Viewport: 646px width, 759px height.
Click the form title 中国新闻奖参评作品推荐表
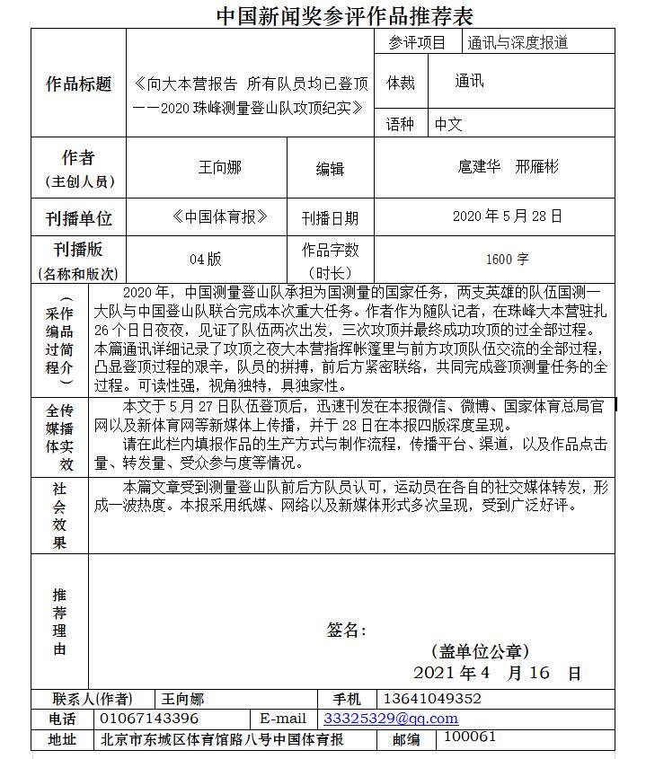tap(344, 15)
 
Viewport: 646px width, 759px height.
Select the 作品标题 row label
tap(78, 84)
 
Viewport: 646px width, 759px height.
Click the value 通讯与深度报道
tap(518, 42)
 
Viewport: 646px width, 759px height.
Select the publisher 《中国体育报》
tap(220, 216)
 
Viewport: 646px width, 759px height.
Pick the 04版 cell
tap(205, 260)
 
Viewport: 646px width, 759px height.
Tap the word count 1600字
tap(507, 260)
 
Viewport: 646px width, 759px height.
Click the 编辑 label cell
tap(330, 168)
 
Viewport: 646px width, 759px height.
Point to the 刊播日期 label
tap(330, 218)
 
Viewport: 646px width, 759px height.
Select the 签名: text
tap(346, 631)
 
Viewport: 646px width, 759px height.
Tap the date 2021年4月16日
tap(496, 673)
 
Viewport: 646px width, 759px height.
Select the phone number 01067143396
tap(149, 719)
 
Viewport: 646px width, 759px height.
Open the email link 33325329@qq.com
tap(390, 719)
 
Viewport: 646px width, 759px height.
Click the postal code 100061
tap(470, 737)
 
